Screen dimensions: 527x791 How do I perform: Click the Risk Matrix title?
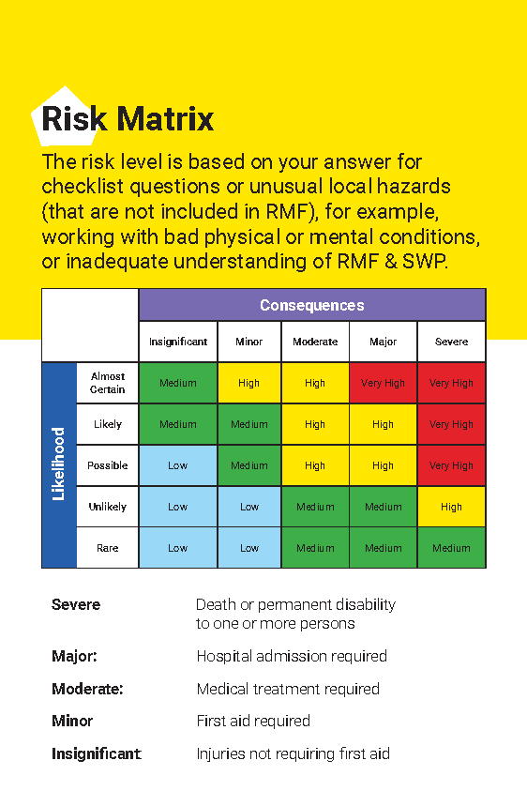point(128,119)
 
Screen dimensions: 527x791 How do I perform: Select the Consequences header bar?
point(311,305)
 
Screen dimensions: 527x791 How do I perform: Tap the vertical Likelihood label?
point(58,464)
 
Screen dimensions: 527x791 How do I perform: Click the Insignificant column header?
point(178,342)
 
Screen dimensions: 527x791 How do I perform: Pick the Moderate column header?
point(315,342)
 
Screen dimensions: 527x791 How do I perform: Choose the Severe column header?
point(451,342)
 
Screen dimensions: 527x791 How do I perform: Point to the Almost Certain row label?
point(108,383)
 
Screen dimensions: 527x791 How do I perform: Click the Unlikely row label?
point(108,507)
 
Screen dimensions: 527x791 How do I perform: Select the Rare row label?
point(108,548)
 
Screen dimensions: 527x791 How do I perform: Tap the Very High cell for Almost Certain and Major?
point(383,383)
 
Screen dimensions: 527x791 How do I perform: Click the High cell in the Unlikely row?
point(451,507)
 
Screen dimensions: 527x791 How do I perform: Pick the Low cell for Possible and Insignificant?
point(178,465)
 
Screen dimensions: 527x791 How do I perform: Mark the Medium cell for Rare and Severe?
point(451,548)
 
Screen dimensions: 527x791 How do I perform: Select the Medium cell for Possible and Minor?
point(249,465)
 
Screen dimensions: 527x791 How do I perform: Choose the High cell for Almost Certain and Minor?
point(249,383)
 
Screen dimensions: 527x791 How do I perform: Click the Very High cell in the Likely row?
point(451,424)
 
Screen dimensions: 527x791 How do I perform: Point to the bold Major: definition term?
point(74,657)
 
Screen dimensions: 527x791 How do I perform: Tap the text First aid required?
point(253,721)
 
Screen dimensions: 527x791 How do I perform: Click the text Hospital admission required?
point(292,657)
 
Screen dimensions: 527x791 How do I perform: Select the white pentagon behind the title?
point(58,99)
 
